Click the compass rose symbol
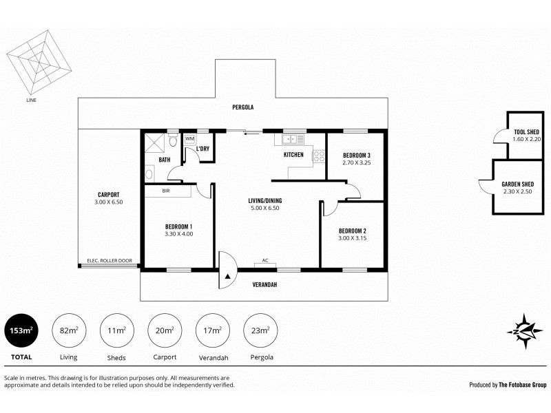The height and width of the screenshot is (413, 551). tap(526, 330)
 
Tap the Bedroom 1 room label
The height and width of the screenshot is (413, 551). tap(178, 226)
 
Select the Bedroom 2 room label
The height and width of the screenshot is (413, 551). tap(351, 231)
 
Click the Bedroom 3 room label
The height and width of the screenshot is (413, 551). tap(356, 156)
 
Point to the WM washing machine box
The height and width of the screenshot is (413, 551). tap(189, 139)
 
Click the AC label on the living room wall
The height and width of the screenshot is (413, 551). tap(265, 262)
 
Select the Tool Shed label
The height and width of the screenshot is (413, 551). tap(526, 132)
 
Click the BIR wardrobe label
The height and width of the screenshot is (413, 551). tap(166, 191)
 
